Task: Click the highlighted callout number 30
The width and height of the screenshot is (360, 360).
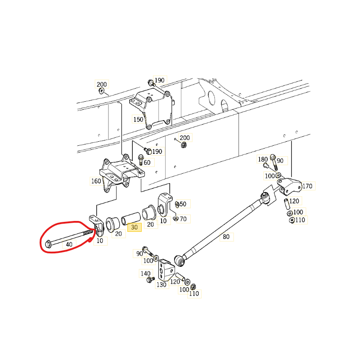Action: [134, 227]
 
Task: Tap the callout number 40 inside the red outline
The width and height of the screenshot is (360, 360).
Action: [69, 244]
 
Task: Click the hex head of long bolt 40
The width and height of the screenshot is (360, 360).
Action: [48, 244]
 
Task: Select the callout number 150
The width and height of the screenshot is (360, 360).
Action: [138, 119]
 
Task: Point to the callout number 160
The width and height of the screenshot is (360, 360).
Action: [96, 181]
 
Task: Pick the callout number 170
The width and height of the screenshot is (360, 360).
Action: [307, 186]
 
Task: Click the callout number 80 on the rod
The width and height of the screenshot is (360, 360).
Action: [226, 237]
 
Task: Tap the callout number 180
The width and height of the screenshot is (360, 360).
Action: [263, 159]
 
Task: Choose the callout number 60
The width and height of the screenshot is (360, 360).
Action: [147, 162]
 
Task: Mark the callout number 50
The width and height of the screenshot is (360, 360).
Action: [183, 204]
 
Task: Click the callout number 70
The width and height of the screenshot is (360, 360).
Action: [183, 219]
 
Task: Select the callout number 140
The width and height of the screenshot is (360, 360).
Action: [145, 274]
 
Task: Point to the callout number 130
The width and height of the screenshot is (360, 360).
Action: [162, 284]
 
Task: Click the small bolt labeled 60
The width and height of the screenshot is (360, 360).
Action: [141, 160]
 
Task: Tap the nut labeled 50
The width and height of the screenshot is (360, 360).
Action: [177, 204]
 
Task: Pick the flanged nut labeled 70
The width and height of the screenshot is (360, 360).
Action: [176, 218]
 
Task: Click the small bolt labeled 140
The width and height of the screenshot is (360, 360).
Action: [150, 279]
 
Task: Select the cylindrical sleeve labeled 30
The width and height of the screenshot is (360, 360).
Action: [130, 219]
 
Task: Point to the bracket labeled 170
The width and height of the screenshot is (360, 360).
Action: [289, 186]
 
